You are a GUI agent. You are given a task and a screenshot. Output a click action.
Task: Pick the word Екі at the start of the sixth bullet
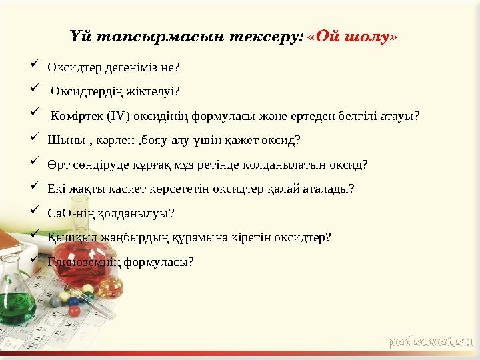(x=56, y=189)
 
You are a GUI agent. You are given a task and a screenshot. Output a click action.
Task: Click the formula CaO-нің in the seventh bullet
(x=71, y=213)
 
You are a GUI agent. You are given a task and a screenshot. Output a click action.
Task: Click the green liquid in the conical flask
(x=17, y=307)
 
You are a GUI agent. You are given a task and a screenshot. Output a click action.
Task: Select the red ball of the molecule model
(x=75, y=311)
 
